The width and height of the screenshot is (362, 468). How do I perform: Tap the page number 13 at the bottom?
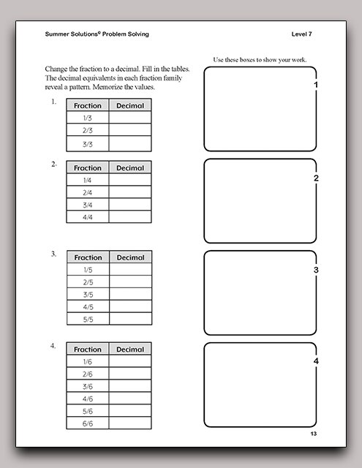coord(313,434)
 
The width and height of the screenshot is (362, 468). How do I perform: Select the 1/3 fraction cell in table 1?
coord(87,118)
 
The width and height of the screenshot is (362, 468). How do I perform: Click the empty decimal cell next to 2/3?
coord(130,131)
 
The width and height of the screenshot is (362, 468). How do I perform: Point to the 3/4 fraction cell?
coord(87,205)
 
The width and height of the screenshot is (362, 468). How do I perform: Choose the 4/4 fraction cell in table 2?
coord(87,217)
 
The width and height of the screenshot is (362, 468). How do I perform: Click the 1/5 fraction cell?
coord(88,270)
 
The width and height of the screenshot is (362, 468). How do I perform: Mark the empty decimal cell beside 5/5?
coord(130,320)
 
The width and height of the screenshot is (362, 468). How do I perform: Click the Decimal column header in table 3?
coord(130,257)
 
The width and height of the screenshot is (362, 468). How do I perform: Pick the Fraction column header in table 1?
coord(87,105)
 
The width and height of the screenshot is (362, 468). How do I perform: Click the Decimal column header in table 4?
coord(130,350)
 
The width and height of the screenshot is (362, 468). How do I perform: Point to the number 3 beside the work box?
coord(315,270)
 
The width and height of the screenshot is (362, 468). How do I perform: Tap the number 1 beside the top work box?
coord(315,86)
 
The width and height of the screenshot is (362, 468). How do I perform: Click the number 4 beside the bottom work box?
coord(315,362)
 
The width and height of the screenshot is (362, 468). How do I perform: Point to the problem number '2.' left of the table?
coord(54,165)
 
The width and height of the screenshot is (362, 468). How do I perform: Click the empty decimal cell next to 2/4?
coord(130,192)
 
